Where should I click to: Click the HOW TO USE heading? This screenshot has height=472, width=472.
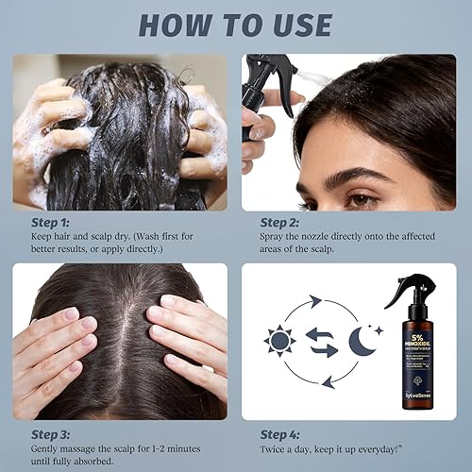[236, 25]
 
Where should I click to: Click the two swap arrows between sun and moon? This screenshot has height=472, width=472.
[323, 341]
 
